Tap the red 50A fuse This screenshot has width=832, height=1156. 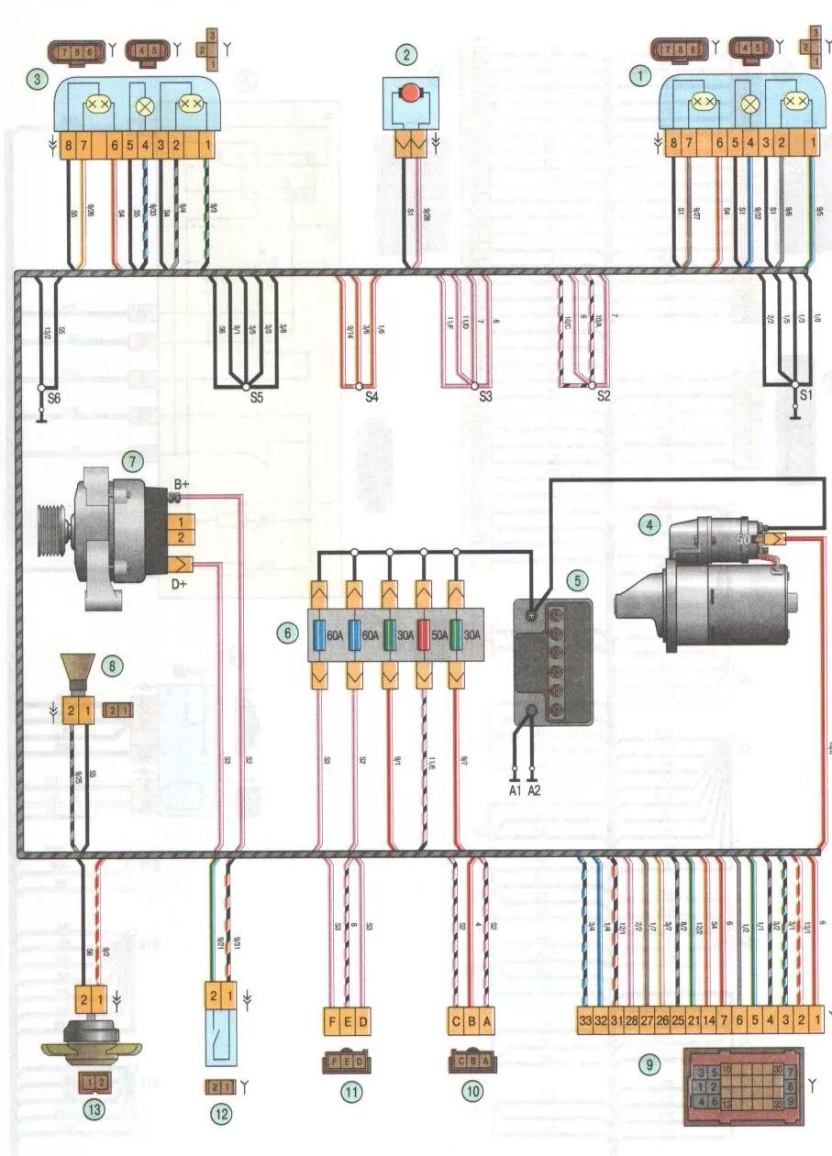pyautogui.click(x=424, y=633)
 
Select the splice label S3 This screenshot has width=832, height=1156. pyautogui.click(x=484, y=398)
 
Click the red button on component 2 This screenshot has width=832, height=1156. pyautogui.click(x=409, y=93)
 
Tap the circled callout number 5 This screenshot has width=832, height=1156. pyautogui.click(x=576, y=579)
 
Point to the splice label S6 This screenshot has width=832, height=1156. pyautogui.click(x=53, y=400)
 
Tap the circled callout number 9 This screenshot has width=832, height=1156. pyautogui.click(x=651, y=1065)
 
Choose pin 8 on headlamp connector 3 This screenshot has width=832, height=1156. pyautogui.click(x=67, y=145)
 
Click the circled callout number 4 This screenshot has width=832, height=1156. pyautogui.click(x=649, y=524)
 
